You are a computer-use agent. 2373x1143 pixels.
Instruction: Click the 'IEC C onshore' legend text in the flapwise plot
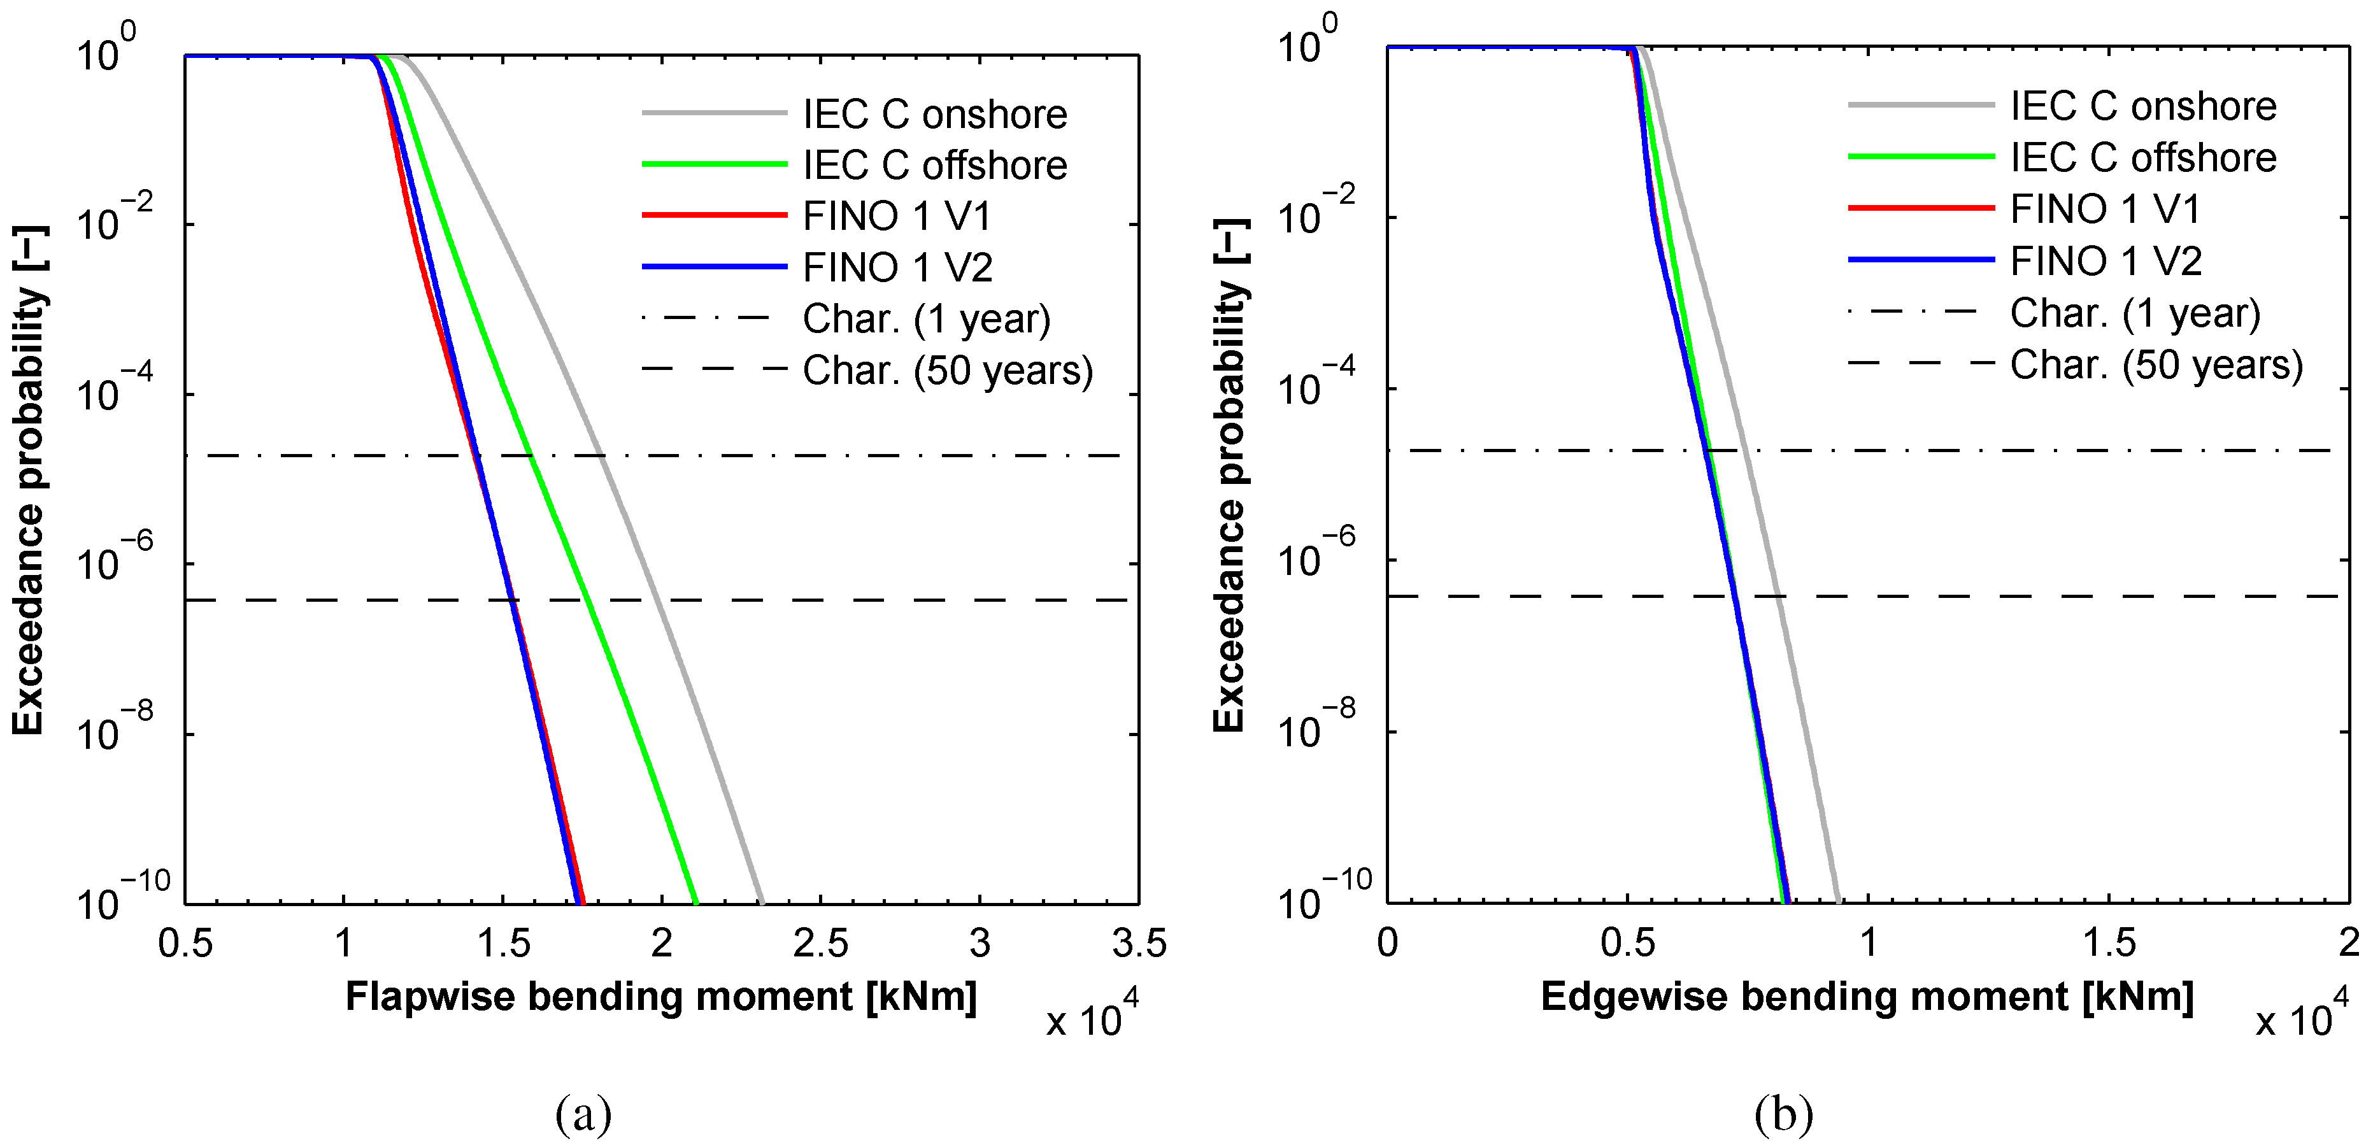934,114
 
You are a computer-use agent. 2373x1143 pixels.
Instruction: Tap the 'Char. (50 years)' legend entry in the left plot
947,370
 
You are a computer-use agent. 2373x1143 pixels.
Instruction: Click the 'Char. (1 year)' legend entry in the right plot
2134,313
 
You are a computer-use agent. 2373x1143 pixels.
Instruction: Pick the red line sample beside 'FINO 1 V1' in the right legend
1921,209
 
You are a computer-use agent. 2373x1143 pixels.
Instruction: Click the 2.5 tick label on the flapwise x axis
820,943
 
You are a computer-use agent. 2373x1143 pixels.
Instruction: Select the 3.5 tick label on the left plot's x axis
1139,943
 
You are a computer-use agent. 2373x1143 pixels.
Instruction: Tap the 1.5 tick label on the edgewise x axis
2109,943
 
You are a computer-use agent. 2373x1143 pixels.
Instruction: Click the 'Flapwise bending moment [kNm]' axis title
660,997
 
